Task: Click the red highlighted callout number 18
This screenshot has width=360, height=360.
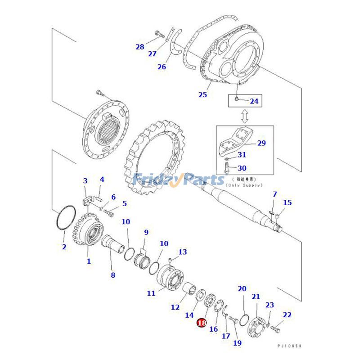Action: pos(201,323)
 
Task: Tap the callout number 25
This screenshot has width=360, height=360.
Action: pos(202,94)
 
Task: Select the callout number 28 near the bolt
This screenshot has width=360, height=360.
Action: pos(140,47)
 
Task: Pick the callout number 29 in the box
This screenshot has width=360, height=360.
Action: pos(261,144)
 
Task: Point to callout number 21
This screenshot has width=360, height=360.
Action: pos(256,297)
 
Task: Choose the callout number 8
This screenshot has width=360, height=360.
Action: pos(113,275)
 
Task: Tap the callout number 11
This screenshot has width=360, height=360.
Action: pos(151,293)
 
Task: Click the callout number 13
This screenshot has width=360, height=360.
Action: pos(182,252)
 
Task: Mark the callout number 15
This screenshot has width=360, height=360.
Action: pos(287,202)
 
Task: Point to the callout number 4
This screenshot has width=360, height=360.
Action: pos(102,179)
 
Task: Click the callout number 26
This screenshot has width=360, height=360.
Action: pos(162,67)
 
